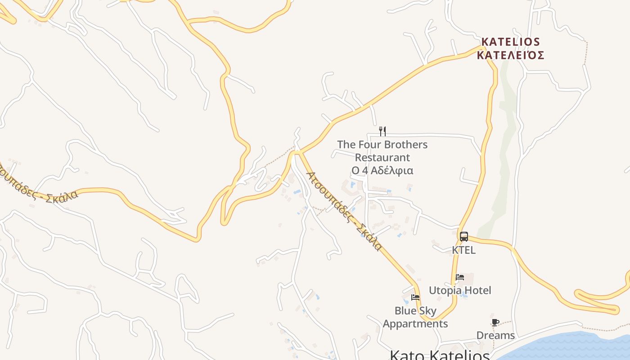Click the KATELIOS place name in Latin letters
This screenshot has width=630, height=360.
(510, 42)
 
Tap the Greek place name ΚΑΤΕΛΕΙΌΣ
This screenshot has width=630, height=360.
(510, 55)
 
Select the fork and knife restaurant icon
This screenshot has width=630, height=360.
(382, 131)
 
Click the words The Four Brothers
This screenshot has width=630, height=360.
(382, 144)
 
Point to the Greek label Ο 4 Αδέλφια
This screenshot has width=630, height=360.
(382, 171)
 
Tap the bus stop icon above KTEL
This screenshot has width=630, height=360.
(464, 236)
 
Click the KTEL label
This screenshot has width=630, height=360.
(464, 250)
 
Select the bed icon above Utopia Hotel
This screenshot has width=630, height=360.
(459, 277)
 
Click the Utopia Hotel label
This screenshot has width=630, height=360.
(460, 290)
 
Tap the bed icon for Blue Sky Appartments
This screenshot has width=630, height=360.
(415, 297)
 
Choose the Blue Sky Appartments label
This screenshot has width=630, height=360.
(415, 317)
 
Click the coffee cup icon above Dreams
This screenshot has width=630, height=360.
(495, 322)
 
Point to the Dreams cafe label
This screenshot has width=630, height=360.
(495, 335)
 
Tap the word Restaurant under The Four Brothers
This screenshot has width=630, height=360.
(382, 157)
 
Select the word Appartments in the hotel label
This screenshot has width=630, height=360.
(415, 324)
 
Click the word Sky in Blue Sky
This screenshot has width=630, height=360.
(427, 311)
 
